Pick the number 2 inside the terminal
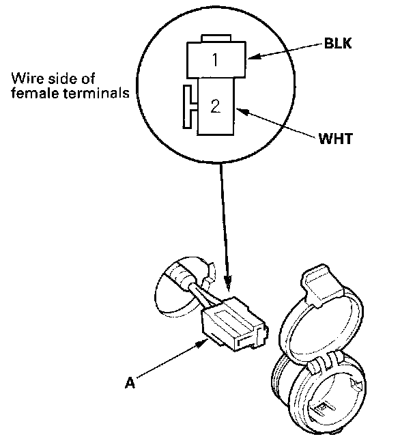coord(215,106)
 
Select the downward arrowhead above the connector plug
coord(229,281)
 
